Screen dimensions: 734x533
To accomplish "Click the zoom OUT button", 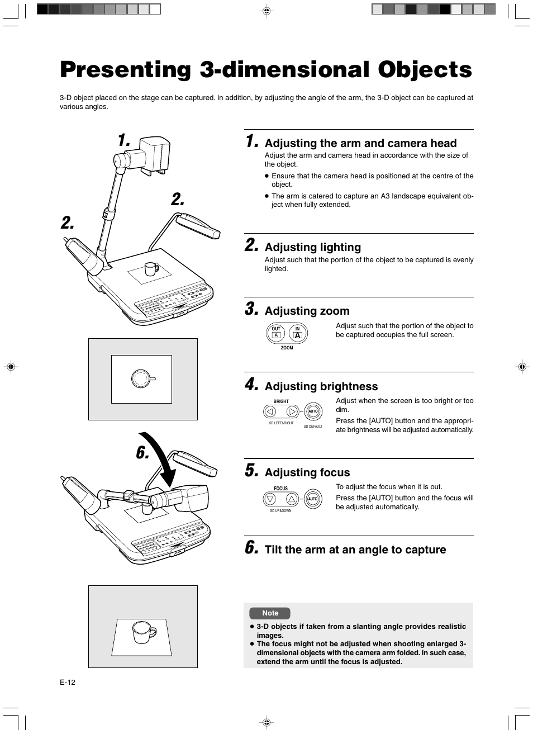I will [276, 333].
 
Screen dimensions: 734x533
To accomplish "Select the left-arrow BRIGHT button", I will [270, 412].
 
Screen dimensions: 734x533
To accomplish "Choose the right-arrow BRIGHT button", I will [292, 412].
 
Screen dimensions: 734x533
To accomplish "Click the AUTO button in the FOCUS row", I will [313, 499].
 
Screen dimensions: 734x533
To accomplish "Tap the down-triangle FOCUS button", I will [270, 499].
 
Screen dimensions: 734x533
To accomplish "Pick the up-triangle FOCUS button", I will [292, 499].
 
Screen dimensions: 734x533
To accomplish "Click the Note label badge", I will [270, 613].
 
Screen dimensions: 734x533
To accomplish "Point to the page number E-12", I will [68, 683].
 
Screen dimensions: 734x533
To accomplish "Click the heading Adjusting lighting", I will [313, 247].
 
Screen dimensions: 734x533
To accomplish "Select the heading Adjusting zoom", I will [307, 311].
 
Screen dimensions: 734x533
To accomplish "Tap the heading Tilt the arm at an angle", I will [355, 550].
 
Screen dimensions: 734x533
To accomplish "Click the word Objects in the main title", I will [425, 70].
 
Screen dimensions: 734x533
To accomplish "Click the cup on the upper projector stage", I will [151, 269].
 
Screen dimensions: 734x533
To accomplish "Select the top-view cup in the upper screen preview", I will [141, 378].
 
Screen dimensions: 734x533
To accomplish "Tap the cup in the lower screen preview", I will [142, 632].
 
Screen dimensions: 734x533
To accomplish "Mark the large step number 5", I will [251, 471].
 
